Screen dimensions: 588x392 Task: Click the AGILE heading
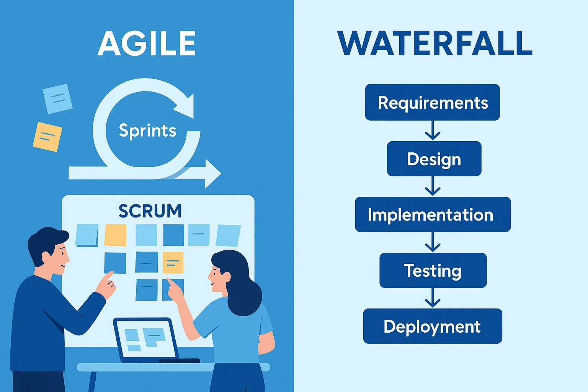(x=147, y=43)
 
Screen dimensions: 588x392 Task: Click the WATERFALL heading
(x=435, y=43)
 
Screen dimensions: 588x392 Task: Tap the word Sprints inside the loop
(x=147, y=131)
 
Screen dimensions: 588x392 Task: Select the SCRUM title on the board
(x=150, y=211)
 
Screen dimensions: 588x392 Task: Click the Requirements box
(x=432, y=102)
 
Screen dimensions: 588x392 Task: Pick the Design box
(x=434, y=158)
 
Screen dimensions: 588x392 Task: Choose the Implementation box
(x=433, y=214)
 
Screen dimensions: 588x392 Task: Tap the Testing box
(x=433, y=270)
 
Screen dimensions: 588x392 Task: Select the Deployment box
(x=433, y=326)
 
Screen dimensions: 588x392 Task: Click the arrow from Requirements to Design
(x=433, y=131)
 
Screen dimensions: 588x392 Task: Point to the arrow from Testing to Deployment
(x=433, y=298)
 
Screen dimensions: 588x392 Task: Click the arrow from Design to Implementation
(x=433, y=186)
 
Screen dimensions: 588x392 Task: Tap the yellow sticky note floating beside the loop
(x=47, y=137)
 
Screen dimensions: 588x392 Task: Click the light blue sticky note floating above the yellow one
(x=57, y=99)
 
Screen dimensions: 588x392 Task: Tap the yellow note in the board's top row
(x=115, y=235)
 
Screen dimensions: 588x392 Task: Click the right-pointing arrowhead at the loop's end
(x=213, y=173)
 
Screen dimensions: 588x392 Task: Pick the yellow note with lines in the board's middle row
(x=173, y=263)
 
